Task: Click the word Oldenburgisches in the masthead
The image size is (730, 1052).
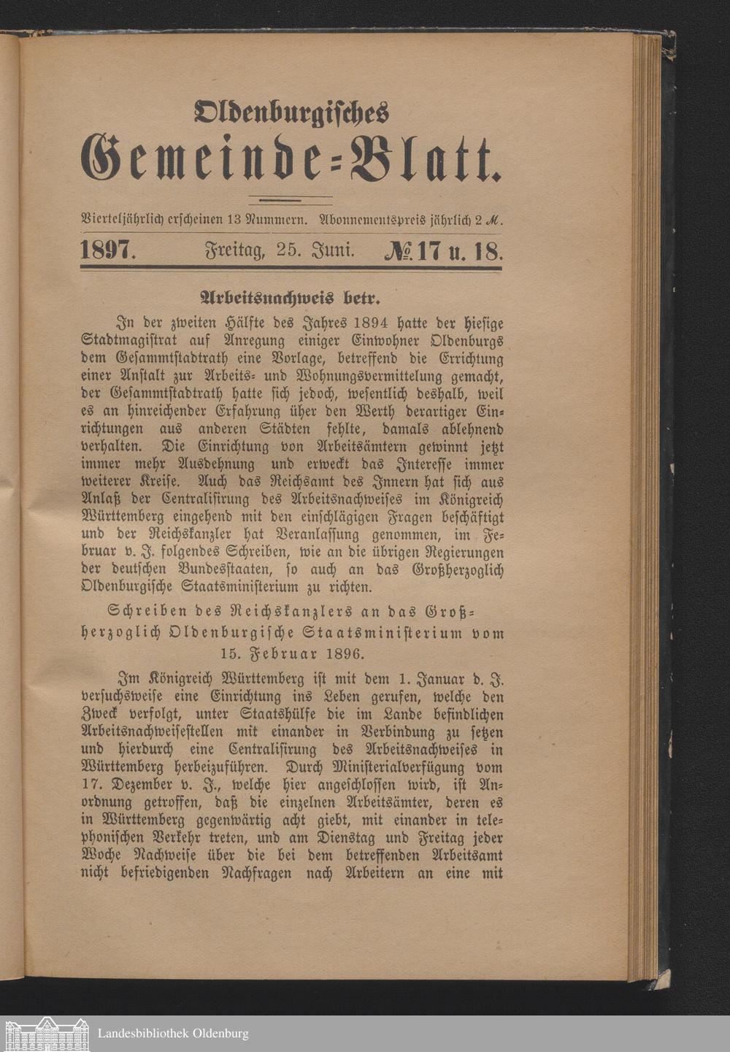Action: coord(292,112)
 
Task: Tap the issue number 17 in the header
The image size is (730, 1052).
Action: coord(429,252)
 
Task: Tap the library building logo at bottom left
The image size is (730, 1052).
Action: coord(45,1034)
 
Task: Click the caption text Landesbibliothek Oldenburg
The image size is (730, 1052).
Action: coord(172,1034)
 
